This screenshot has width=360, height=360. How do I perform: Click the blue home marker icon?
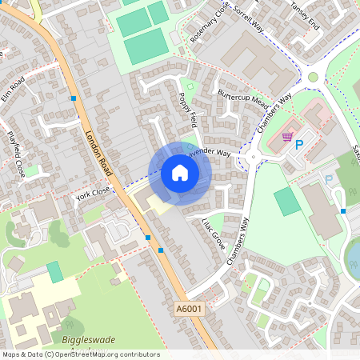(x=180, y=173)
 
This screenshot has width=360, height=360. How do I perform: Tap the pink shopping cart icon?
(x=286, y=138)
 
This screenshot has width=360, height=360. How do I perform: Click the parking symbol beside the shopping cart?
(x=300, y=145)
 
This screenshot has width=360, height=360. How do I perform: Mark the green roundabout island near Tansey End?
(x=313, y=78)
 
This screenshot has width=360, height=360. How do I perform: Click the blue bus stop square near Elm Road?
(x=74, y=98)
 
